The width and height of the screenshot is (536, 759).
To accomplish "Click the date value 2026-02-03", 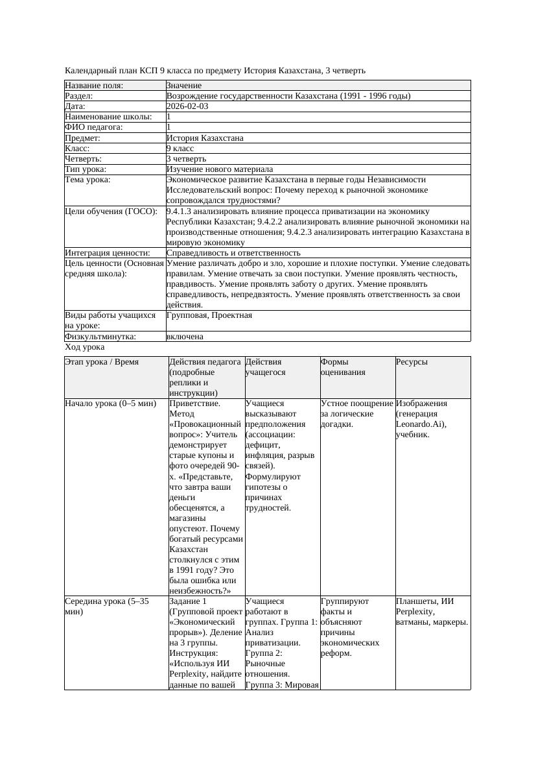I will pyautogui.click(x=187, y=106).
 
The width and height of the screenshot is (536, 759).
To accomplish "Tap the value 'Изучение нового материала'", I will pyautogui.click(x=219, y=169).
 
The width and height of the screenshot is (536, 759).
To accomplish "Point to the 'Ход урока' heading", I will pyautogui.click(x=84, y=347).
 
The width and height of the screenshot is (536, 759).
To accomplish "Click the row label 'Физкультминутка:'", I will pyautogui.click(x=100, y=337).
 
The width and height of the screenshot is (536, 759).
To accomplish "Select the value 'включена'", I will pyautogui.click(x=185, y=337).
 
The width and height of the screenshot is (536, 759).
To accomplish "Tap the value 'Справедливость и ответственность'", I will pyautogui.click(x=233, y=253).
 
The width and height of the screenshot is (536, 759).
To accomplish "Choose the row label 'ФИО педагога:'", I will pyautogui.click(x=94, y=127).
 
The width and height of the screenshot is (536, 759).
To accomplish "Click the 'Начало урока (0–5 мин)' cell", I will pyautogui.click(x=111, y=404).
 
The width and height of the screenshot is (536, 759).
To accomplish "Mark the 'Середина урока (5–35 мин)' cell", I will pyautogui.click(x=107, y=607).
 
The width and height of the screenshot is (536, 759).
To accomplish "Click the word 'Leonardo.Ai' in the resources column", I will pyautogui.click(x=421, y=424).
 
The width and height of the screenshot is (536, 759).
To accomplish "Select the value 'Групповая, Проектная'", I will pyautogui.click(x=209, y=315).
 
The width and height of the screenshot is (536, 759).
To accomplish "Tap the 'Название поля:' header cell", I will pyautogui.click(x=94, y=86).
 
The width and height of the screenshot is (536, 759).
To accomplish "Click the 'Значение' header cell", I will pyautogui.click(x=184, y=86).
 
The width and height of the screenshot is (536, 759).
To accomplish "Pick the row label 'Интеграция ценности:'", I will pyautogui.click(x=107, y=253).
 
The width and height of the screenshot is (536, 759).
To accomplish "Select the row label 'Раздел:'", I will pyautogui.click(x=80, y=96).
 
